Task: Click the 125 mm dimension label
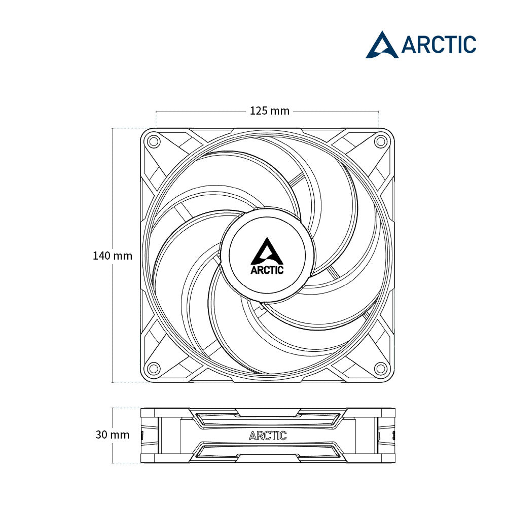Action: [x=269, y=111]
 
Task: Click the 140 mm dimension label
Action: [x=113, y=256]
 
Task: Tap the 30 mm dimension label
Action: [x=113, y=434]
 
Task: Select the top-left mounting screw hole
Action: [x=154, y=141]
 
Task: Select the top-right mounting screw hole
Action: [x=381, y=141]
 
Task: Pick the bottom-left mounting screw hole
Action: [x=154, y=368]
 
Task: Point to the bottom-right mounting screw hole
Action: [x=381, y=368]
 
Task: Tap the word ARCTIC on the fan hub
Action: [x=267, y=270]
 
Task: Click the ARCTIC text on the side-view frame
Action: [x=268, y=436]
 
